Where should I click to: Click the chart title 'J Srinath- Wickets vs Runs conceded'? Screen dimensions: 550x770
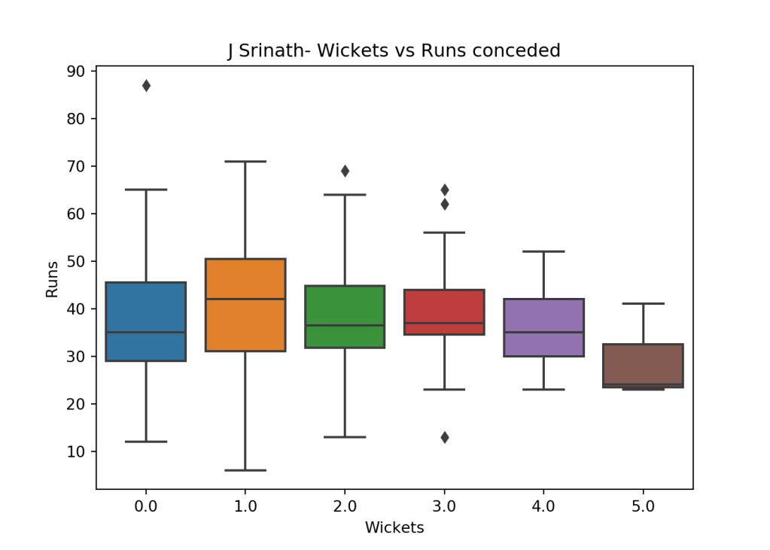click(394, 51)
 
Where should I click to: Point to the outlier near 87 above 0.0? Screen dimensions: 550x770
click(146, 86)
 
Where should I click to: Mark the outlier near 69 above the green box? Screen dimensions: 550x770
click(345, 171)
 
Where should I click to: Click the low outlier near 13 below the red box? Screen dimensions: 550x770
click(444, 437)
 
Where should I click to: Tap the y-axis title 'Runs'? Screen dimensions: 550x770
click(52, 279)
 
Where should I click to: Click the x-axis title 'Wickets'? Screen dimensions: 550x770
click(394, 528)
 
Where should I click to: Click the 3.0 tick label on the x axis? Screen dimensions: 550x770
click(444, 507)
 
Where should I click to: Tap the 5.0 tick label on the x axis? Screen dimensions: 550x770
click(643, 507)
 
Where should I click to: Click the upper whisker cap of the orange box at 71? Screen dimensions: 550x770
click(245, 161)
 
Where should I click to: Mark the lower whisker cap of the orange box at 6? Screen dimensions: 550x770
click(245, 470)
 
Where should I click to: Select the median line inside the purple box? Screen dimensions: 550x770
click(543, 332)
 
